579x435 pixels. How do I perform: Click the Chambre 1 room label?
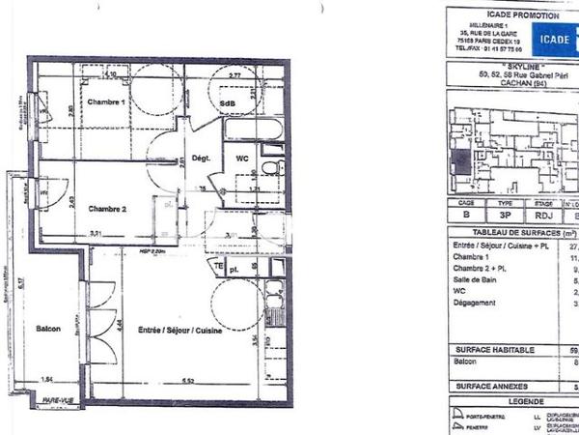pyautogui.click(x=108, y=102)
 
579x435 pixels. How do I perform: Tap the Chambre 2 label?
pyautogui.click(x=108, y=208)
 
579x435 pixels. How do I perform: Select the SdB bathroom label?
pyautogui.click(x=228, y=103)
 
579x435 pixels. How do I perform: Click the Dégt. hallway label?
pyautogui.click(x=201, y=157)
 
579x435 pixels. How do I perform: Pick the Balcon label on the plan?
pyautogui.click(x=48, y=329)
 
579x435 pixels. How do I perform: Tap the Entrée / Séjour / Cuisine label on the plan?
pyautogui.click(x=181, y=331)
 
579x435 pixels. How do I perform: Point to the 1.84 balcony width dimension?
pyautogui.click(x=46, y=380)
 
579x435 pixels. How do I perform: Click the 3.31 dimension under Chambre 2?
pyautogui.click(x=96, y=234)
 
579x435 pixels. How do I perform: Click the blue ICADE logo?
pyautogui.click(x=556, y=39)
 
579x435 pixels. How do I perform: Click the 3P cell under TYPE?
pyautogui.click(x=505, y=218)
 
